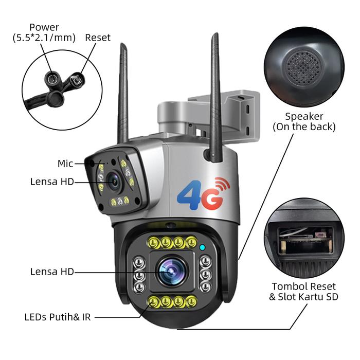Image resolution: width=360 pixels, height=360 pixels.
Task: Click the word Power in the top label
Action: (x=44, y=27)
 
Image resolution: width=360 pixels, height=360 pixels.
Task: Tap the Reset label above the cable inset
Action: (x=98, y=38)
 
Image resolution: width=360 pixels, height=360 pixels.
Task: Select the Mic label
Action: (x=65, y=164)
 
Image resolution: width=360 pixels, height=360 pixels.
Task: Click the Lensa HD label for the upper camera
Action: (x=52, y=181)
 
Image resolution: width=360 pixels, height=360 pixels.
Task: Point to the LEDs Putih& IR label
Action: (x=58, y=317)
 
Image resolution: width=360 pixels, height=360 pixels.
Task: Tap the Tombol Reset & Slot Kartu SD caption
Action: (x=303, y=292)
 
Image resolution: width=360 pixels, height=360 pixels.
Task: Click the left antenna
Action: (x=123, y=93)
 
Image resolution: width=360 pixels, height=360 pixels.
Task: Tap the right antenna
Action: (x=215, y=93)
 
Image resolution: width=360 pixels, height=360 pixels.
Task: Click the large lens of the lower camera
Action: (x=171, y=271)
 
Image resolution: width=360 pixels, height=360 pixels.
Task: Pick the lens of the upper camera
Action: (x=114, y=180)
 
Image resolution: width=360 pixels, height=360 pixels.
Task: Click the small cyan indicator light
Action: (x=203, y=248)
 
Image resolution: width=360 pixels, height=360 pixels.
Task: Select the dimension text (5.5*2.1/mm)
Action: (x=44, y=38)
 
